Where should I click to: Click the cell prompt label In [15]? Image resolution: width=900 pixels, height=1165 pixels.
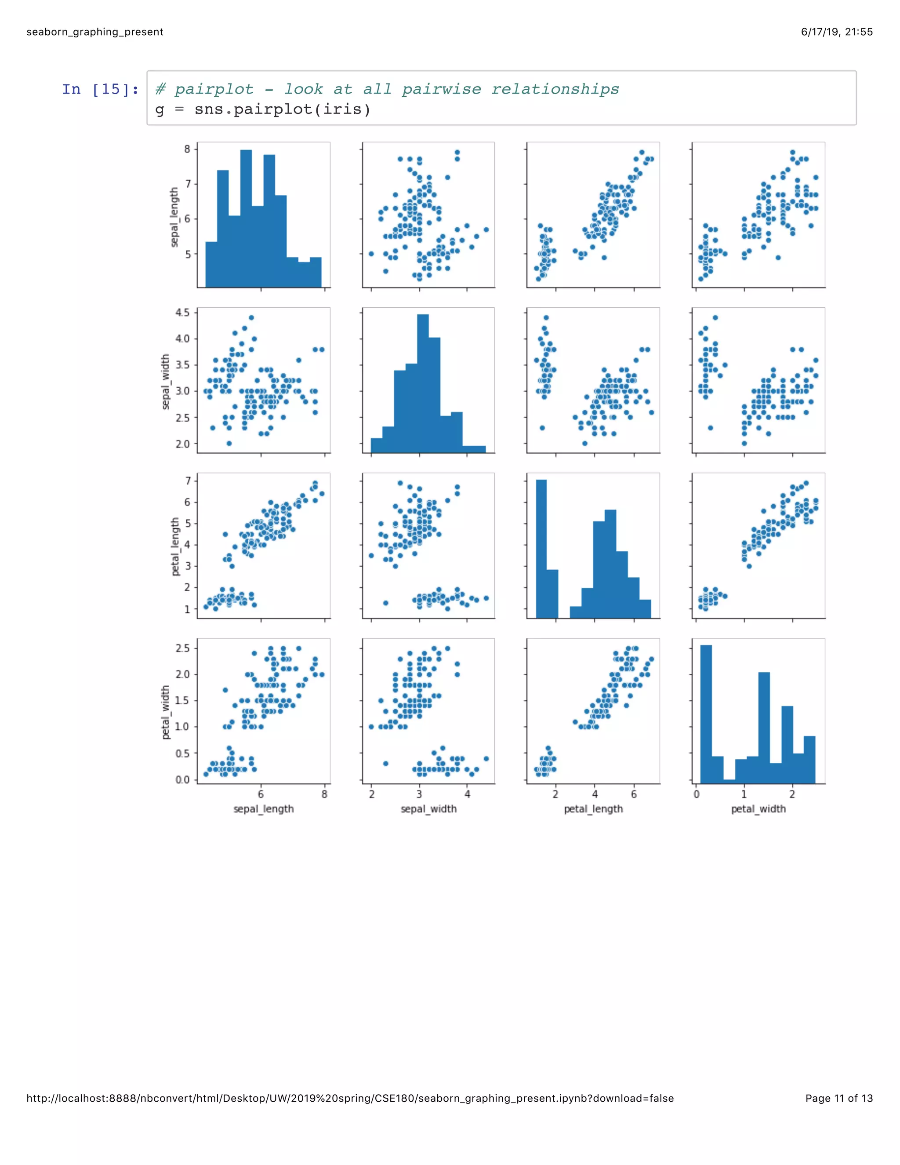point(100,89)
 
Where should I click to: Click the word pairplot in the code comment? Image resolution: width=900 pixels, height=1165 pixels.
point(214,89)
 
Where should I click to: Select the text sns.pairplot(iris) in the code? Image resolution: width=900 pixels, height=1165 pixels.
point(282,109)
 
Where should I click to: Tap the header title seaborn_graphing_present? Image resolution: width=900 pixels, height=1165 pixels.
point(95,32)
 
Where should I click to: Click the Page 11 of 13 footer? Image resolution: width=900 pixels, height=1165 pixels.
point(838,1098)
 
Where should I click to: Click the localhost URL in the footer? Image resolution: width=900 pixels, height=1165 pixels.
point(350,1098)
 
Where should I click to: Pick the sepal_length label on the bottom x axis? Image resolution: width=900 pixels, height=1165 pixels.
point(263,808)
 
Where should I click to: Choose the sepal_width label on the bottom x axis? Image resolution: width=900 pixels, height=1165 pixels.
point(428,808)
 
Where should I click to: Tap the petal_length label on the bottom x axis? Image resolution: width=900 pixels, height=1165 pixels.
point(593,808)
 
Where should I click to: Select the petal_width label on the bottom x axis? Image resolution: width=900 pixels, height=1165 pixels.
point(758,808)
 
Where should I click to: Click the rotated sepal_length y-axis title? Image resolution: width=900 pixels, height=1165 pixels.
point(174,217)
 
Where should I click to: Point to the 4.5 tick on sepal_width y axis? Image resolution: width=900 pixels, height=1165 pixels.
point(182,313)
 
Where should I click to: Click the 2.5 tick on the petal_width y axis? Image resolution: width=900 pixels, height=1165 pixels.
point(182,648)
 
